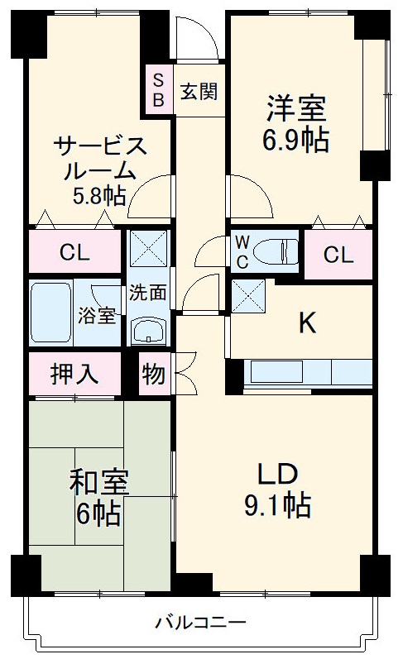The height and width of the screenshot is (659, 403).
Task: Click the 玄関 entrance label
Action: click(199, 91)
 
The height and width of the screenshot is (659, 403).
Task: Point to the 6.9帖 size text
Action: click(295, 141)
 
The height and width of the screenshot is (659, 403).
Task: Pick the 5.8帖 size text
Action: click(98, 196)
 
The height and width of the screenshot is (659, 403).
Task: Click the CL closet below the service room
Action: click(74, 252)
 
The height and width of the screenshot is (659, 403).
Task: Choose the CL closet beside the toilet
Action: click(338, 255)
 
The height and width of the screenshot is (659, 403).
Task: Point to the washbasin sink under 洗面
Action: click(148, 332)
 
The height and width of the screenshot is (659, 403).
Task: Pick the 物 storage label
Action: click(154, 374)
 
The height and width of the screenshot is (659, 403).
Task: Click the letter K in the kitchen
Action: click(307, 323)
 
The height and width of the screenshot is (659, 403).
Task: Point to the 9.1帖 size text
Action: click(276, 504)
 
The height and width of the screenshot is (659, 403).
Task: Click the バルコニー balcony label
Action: click(200, 622)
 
